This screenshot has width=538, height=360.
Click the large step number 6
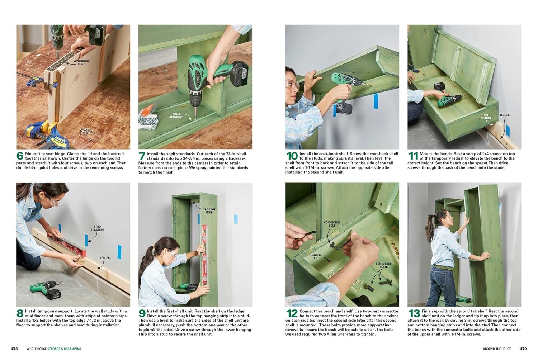[x=20, y=156]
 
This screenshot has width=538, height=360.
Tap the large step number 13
[x=414, y=313]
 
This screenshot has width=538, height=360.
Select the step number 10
[x=292, y=156]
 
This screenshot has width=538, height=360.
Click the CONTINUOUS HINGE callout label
[x=82, y=62]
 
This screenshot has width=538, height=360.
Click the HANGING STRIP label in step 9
[x=209, y=210]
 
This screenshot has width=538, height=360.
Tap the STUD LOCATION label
[x=97, y=228]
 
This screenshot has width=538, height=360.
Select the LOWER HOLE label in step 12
[x=316, y=256]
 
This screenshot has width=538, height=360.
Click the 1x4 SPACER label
[x=486, y=117]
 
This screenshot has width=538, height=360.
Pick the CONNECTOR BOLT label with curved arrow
[x=332, y=224]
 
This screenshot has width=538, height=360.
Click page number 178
[x=14, y=349]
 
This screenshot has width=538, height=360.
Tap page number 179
[x=523, y=349]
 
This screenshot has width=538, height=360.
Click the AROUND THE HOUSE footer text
[x=497, y=349]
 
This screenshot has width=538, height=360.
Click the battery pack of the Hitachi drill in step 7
[x=237, y=73]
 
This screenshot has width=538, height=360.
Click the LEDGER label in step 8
[x=105, y=258]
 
